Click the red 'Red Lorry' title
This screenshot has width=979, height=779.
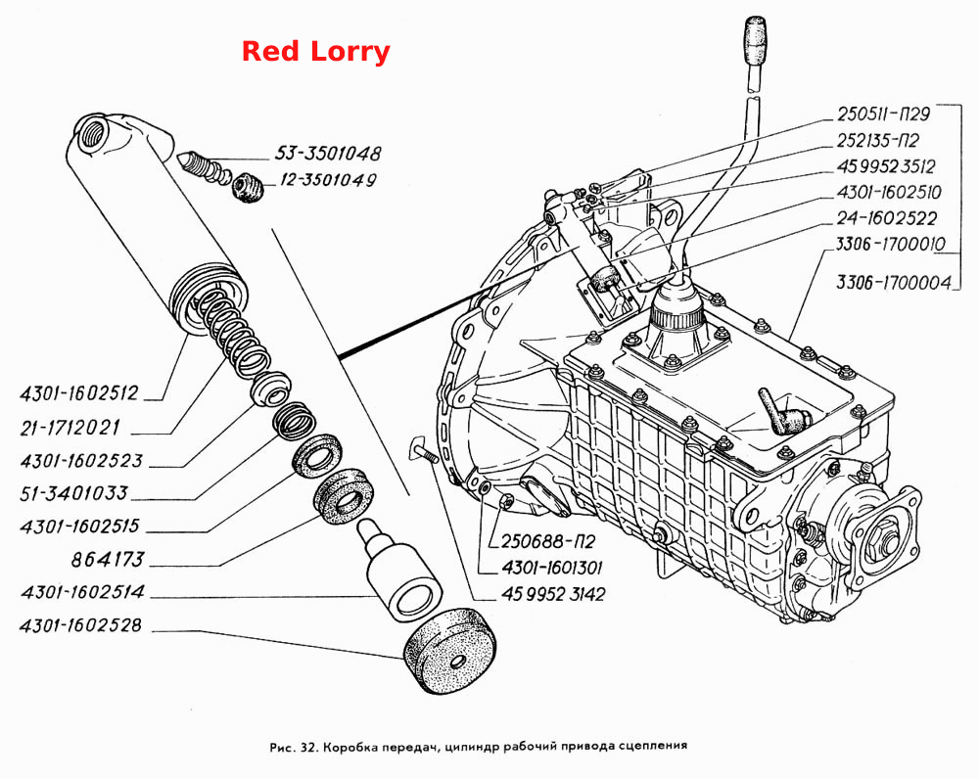[x=315, y=53]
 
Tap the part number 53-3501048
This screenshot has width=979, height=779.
[x=328, y=153]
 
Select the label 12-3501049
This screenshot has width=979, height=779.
[x=328, y=180]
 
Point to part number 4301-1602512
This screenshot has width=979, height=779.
[x=78, y=393]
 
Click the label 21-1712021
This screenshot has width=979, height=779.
[x=70, y=428]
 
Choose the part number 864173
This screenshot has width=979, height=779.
[x=108, y=559]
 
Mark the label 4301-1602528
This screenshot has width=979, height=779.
[x=81, y=624]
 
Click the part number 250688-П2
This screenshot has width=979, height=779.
[x=548, y=540]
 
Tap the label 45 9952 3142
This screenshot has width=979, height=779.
[x=553, y=594]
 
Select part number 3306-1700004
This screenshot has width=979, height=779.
[x=894, y=282]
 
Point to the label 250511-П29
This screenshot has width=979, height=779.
[x=883, y=114]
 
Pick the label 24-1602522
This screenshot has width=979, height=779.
[x=887, y=218]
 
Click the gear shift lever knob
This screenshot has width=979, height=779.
[x=753, y=40]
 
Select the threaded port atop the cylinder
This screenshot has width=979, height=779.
[x=91, y=132]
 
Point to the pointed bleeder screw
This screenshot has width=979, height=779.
[x=203, y=168]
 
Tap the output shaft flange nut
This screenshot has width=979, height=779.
[x=887, y=540]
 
